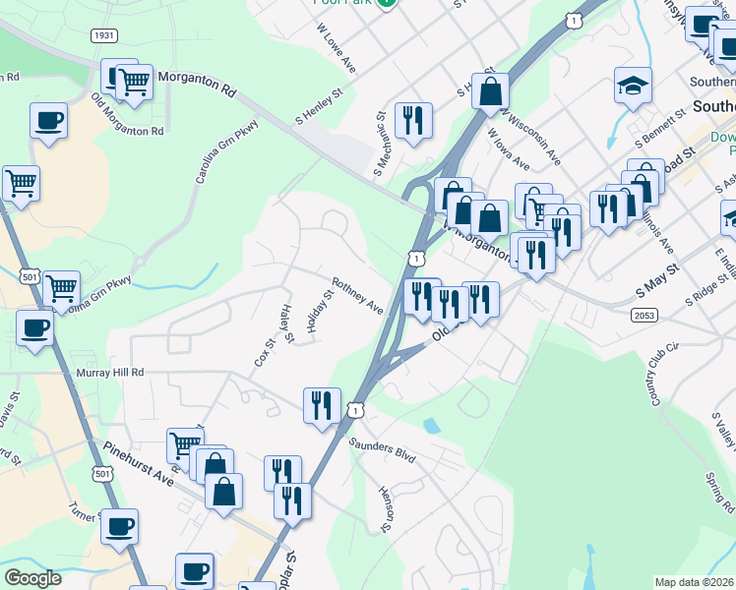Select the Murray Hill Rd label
click(110, 373)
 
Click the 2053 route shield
click(644, 313)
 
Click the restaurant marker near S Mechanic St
click(413, 120)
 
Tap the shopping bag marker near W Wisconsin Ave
click(490, 91)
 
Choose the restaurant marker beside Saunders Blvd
click(322, 404)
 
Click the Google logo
click(32, 578)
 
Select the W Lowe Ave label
click(336, 56)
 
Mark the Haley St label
click(287, 324)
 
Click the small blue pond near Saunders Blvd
click(431, 426)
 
